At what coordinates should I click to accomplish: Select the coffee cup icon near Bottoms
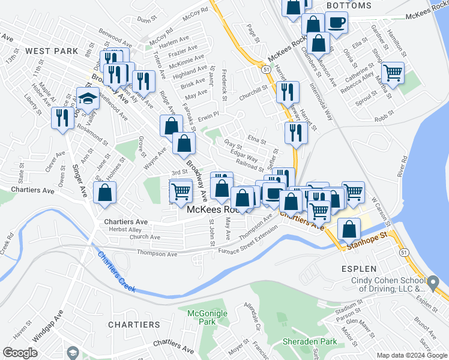336,23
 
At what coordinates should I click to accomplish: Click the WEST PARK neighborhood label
53,51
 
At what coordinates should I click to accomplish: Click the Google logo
20,353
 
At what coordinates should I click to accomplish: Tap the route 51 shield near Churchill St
265,70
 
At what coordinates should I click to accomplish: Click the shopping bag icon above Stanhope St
349,229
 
